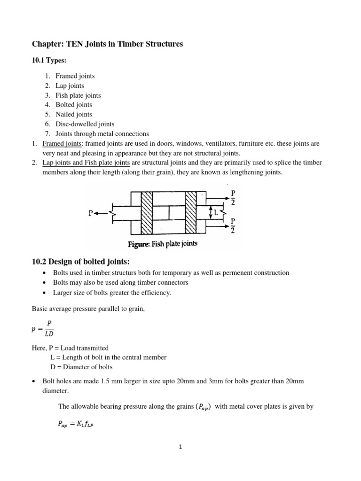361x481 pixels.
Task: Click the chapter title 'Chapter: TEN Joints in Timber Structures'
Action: pyautogui.click(x=107, y=44)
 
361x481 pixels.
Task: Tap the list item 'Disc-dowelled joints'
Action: pyautogui.click(x=85, y=124)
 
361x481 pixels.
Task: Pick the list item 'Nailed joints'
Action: pyautogui.click(x=73, y=114)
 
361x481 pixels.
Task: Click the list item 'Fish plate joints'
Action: pyautogui.click(x=78, y=95)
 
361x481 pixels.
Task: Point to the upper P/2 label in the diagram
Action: pyautogui.click(x=233, y=197)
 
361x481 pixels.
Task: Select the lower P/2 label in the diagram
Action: pyautogui.click(x=233, y=225)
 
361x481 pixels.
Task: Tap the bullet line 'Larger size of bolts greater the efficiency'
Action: pyautogui.click(x=113, y=293)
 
